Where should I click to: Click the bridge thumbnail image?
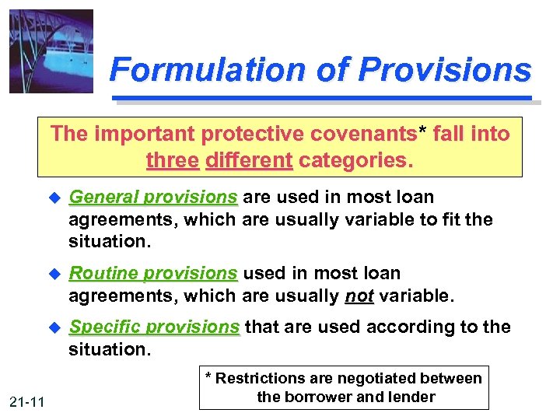pos(51,51)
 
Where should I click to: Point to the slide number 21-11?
pos(29,401)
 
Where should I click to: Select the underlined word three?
pos(172,160)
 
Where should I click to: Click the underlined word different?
pos(248,160)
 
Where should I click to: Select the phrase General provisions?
pos(152,198)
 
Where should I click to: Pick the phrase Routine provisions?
pos(152,274)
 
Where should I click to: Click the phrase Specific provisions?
pos(155,327)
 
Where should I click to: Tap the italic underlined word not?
pos(358,296)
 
